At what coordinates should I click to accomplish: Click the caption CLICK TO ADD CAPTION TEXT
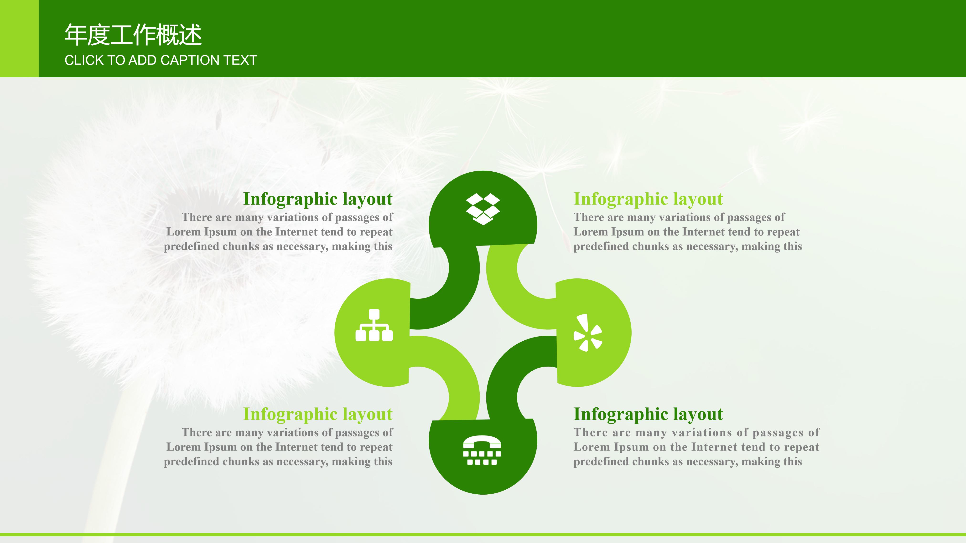[161, 60]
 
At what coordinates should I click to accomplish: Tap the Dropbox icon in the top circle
[483, 209]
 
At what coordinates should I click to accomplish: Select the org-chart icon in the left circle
[374, 325]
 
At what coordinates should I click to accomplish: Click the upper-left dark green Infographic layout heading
[318, 199]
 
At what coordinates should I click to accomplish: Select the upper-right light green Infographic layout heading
[648, 199]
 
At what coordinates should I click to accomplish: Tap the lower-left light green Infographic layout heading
[318, 414]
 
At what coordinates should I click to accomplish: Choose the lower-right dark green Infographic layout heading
[648, 414]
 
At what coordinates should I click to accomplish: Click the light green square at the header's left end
[19, 39]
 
